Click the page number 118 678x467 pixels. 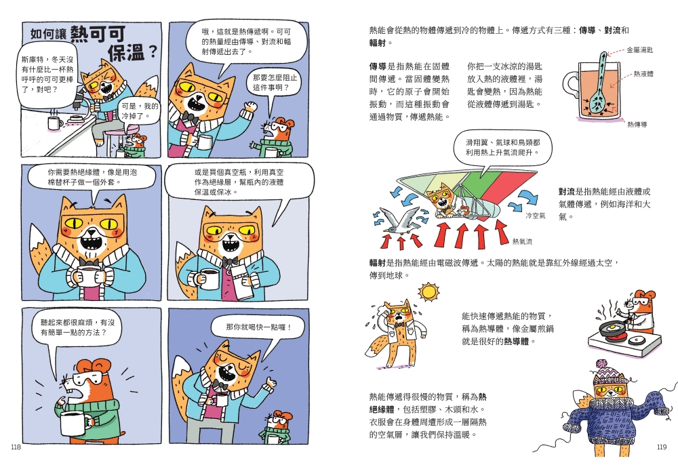click(16, 447)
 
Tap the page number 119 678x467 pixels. click(662, 447)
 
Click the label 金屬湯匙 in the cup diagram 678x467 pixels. click(640, 50)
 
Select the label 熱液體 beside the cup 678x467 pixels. click(643, 74)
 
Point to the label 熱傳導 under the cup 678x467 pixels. click(637, 125)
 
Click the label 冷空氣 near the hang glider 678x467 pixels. click(536, 216)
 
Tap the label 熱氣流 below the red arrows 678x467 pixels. click(522, 241)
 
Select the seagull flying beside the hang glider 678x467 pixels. click(397, 220)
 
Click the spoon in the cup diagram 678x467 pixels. click(599, 87)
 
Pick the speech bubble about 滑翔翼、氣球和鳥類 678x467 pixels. click(502, 150)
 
